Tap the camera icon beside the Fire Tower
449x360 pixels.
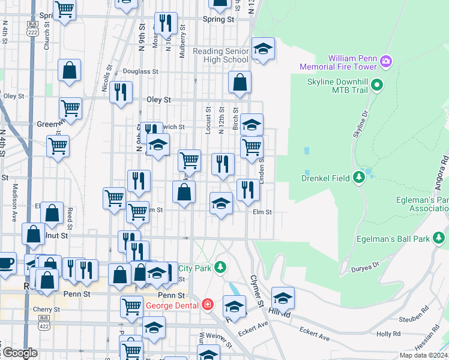click(x=385, y=61)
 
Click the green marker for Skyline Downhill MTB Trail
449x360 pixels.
click(x=377, y=85)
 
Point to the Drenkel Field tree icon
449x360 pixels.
click(x=359, y=177)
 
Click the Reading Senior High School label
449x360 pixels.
click(x=220, y=55)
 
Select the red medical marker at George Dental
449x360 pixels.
click(x=207, y=305)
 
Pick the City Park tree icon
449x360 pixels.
click(x=221, y=266)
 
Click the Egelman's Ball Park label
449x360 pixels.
click(x=396, y=239)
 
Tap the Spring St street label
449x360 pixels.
click(x=218, y=19)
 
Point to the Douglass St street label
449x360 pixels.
click(x=140, y=71)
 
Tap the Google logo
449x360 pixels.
click(x=19, y=353)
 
